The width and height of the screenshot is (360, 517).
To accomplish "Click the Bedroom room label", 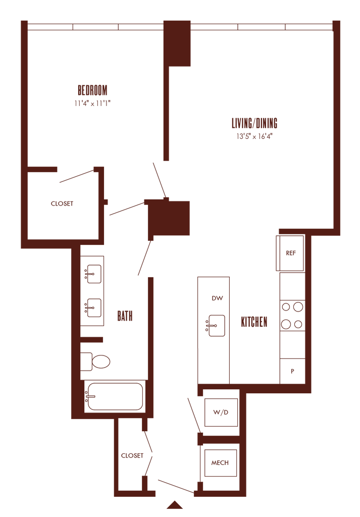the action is click(x=92, y=91).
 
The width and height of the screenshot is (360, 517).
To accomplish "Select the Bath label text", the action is click(x=125, y=317).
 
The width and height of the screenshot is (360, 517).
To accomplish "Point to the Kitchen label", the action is click(x=254, y=322).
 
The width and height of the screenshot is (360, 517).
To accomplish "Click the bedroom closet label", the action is click(x=62, y=204).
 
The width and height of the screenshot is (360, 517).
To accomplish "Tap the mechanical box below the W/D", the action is click(x=220, y=462).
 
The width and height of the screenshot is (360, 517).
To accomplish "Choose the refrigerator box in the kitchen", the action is click(x=291, y=253).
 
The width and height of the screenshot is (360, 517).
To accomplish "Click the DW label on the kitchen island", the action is click(x=218, y=298).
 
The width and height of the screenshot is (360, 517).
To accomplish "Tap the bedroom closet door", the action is click(x=77, y=176).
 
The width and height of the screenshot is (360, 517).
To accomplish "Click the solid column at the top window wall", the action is click(x=178, y=43).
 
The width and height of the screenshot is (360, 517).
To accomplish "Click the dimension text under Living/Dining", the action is click(x=254, y=136).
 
